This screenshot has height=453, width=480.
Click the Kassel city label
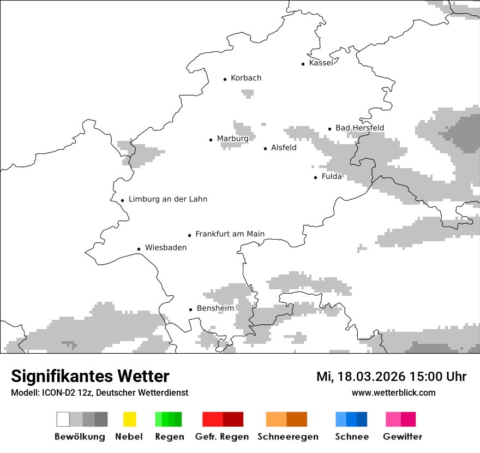coord(321,63)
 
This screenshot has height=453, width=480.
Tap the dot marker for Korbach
coord(225,79)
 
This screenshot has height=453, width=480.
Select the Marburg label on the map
coord(232,139)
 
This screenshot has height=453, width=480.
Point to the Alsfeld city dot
coord(266,148)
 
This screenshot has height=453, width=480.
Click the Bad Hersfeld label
coord(359,128)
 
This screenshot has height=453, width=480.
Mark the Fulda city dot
coord(316,177)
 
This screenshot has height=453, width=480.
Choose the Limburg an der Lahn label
coord(167,199)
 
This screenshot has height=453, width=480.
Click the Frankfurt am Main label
coord(230,234)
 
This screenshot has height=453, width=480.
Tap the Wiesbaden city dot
coord(139,249)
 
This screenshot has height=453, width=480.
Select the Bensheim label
coord(215,308)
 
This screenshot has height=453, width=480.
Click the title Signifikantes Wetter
coord(90,377)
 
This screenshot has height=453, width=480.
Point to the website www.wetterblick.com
coord(393,393)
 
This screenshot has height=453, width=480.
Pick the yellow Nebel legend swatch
coord(129,419)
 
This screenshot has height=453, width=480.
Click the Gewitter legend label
coord(402,437)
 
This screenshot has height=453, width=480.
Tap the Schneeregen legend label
coord(287,437)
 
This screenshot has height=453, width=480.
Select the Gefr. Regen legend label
coord(222,437)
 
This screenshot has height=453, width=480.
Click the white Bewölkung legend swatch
coord(63,419)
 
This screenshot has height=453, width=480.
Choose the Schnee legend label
coord(351,437)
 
